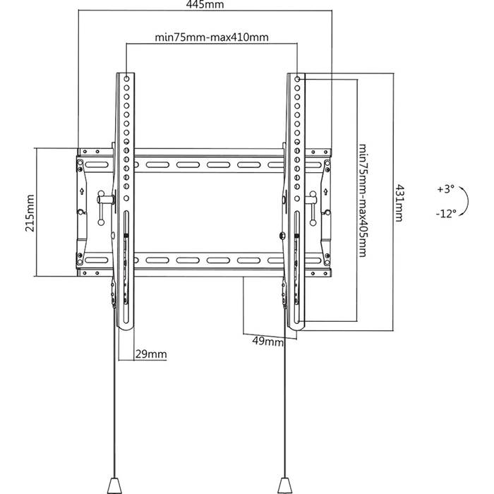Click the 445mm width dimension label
point(205,4)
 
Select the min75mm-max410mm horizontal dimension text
point(212,37)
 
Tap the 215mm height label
point(30,213)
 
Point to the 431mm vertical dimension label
point(399,203)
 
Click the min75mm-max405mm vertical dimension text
point(363,200)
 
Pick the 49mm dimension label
point(267,341)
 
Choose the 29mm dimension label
point(151,354)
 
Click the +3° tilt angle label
point(446,189)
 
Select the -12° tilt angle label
point(446,214)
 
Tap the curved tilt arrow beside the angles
point(468,201)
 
